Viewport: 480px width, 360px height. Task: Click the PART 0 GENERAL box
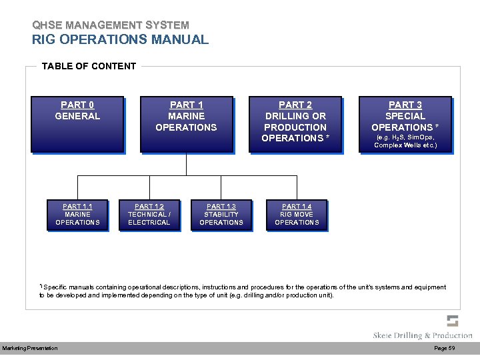point(77,125)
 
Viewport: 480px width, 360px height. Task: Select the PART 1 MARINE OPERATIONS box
point(186,125)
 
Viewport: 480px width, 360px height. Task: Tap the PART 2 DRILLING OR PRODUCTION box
point(295,125)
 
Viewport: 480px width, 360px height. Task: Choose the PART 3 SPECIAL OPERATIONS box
point(405,125)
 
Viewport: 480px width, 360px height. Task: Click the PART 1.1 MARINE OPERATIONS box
point(77,215)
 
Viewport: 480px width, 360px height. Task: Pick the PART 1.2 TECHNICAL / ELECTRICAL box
point(149,215)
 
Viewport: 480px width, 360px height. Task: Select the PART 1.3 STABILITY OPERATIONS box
point(221,215)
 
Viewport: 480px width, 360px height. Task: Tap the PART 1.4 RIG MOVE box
point(297,215)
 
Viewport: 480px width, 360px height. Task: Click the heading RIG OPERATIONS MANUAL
point(120,39)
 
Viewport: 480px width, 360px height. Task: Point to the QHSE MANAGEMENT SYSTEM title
point(110,25)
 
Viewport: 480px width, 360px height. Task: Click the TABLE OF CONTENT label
point(89,66)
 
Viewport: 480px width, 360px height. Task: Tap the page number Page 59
point(444,349)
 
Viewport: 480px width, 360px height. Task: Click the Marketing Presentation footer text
point(30,349)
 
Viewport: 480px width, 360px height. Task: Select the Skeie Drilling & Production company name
point(422,335)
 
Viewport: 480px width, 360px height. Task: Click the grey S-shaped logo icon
point(453,321)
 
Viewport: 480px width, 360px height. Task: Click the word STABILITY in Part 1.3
point(221,215)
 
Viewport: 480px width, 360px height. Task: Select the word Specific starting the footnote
point(57,287)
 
